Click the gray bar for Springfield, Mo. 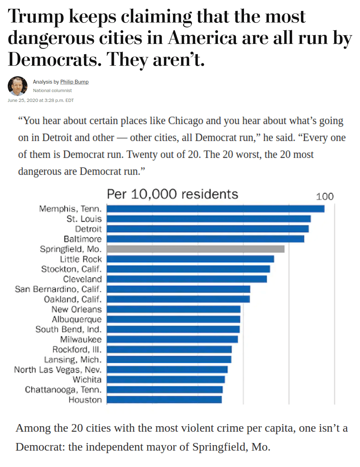pyautogui.click(x=195, y=249)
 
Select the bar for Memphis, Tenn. pyautogui.click(x=216, y=209)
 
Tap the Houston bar pyautogui.click(x=164, y=400)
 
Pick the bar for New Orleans pyautogui.click(x=174, y=309)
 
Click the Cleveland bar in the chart pyautogui.click(x=187, y=279)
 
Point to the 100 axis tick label pyautogui.click(x=324, y=197)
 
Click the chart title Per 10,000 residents pyautogui.click(x=172, y=194)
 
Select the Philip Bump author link pyautogui.click(x=74, y=82)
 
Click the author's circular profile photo pyautogui.click(x=18, y=86)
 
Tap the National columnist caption pyautogui.click(x=52, y=91)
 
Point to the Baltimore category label pyautogui.click(x=83, y=239)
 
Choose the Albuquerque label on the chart pyautogui.click(x=77, y=319)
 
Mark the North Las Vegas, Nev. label pyautogui.click(x=58, y=370)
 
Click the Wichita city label pyautogui.click(x=87, y=380)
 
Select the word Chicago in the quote pyautogui.click(x=185, y=121)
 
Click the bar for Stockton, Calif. pyautogui.click(x=188, y=269)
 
